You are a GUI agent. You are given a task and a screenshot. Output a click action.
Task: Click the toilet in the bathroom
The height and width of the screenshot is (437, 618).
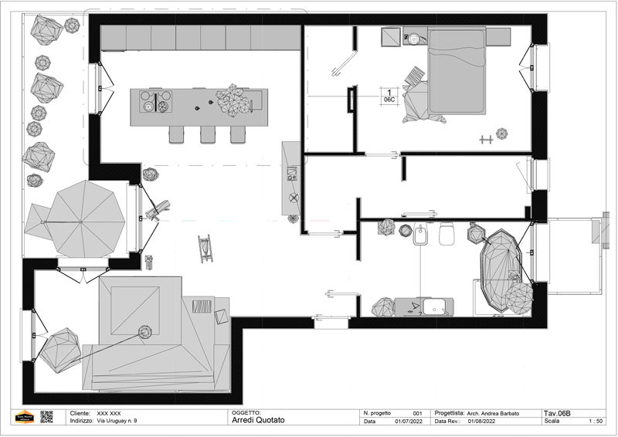447,234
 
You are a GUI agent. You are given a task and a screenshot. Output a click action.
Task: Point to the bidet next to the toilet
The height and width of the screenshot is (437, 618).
421,234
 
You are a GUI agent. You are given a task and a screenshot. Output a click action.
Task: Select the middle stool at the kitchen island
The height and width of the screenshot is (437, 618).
208,134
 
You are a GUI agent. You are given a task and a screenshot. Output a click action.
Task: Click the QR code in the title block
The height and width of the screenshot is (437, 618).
46,417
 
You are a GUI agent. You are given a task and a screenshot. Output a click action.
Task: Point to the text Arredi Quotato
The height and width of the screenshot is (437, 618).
258,420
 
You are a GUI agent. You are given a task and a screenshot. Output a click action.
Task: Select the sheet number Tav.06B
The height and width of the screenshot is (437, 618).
557,413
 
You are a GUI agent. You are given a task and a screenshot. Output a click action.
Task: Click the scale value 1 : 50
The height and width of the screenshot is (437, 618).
596,422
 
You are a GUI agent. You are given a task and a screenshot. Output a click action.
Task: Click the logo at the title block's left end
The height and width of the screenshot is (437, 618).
24,417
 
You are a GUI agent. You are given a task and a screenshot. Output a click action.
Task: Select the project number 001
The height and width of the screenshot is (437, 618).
417,413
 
